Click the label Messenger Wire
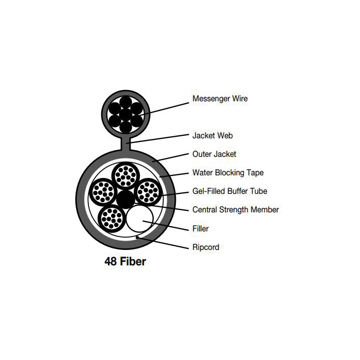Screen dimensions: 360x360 tap(220, 98)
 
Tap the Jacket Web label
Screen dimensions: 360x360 tap(212, 136)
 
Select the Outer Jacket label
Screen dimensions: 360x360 tap(214, 154)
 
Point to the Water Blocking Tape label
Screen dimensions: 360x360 tap(228, 173)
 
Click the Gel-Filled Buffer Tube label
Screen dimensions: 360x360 tap(229, 191)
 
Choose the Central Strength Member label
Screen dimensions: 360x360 tap(236, 210)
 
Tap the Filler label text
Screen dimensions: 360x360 tap(201, 228)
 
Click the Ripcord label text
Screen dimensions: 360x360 tap(205, 247)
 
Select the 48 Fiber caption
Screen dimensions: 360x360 tap(125, 262)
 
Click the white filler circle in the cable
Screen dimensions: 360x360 tap(140, 219)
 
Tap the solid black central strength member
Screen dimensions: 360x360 tap(125, 197)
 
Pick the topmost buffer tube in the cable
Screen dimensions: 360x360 tap(125, 176)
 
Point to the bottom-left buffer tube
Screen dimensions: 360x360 tap(112, 218)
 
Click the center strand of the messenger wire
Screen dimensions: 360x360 tap(125, 112)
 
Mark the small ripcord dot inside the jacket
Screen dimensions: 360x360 tap(136, 237)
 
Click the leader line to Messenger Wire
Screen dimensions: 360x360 tap(165, 106)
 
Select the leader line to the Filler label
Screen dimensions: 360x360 tap(167, 225)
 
